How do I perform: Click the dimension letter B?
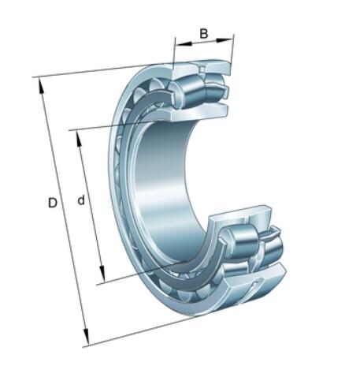[x=204, y=34]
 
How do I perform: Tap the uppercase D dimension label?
[x=53, y=203]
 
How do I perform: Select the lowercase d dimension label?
[x=81, y=200]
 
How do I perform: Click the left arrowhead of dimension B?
[x=184, y=43]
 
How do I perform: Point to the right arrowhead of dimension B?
[x=224, y=40]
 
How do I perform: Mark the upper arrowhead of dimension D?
[x=41, y=86]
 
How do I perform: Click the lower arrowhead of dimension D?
[x=86, y=336]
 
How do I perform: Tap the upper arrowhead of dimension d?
[x=79, y=140]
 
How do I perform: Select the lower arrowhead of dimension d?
[x=102, y=274]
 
